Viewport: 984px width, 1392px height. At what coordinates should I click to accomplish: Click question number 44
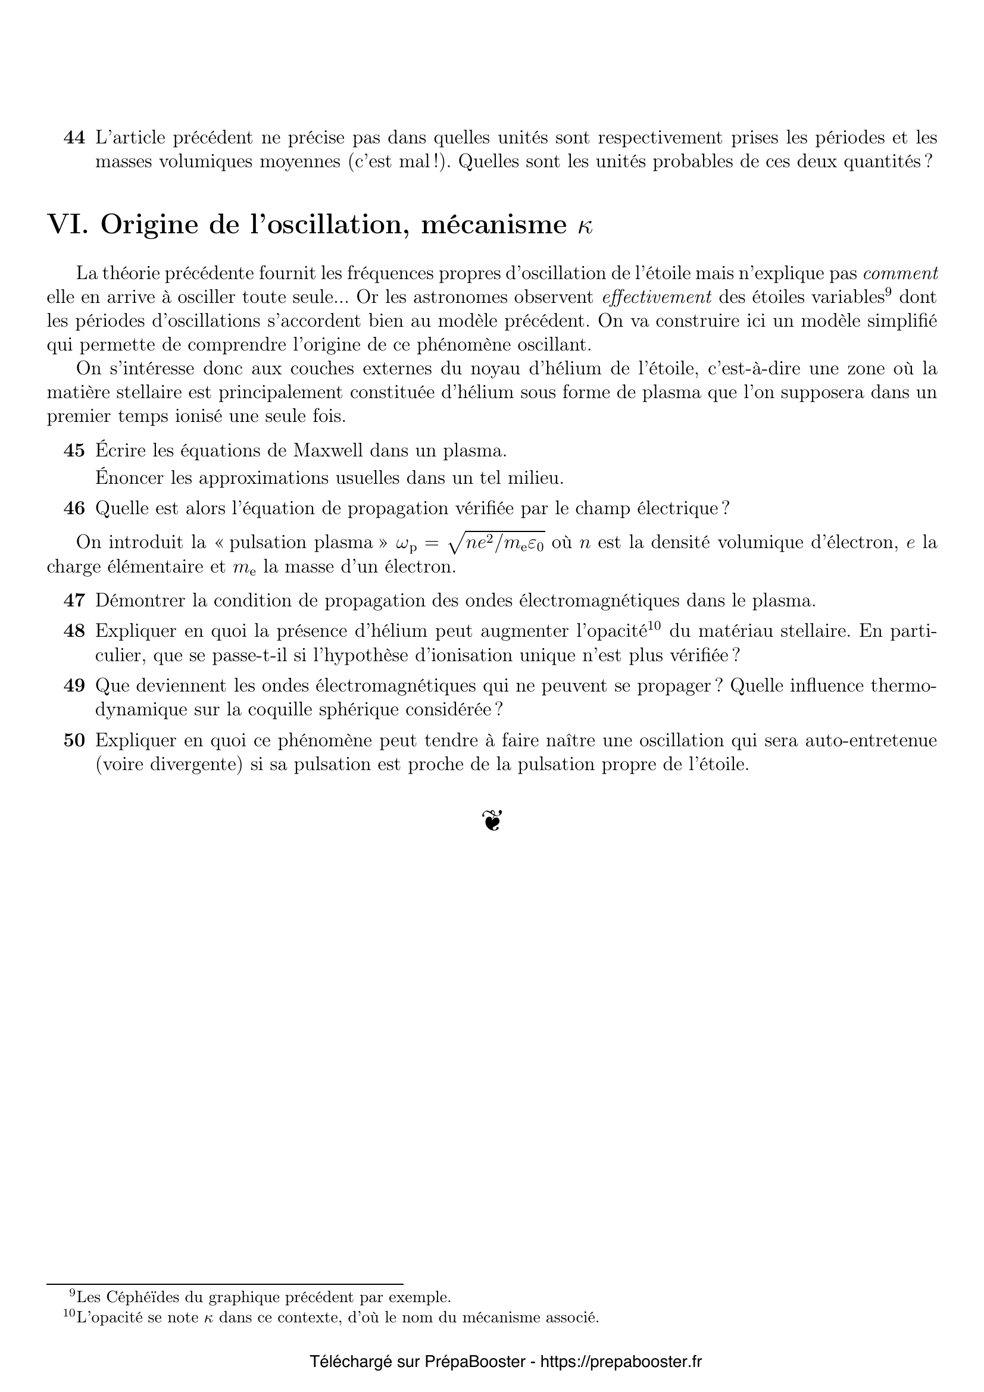click(74, 138)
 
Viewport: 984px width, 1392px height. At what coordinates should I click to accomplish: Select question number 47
click(74, 601)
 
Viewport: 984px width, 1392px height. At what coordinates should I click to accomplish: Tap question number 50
click(74, 740)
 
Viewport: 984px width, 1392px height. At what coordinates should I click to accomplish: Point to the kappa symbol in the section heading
click(585, 227)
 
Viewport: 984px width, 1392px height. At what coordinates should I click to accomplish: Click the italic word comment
click(900, 273)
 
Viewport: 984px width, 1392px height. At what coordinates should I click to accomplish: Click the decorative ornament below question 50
click(492, 820)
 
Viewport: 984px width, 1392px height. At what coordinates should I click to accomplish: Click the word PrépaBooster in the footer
click(474, 1362)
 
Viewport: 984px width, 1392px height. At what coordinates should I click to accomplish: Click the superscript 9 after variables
click(887, 292)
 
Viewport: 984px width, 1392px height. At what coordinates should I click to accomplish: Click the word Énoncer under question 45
click(129, 478)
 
